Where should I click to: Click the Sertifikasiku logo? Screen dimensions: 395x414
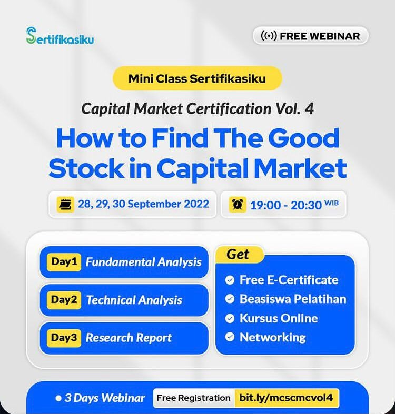click(x=60, y=36)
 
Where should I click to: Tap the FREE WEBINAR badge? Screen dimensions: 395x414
click(x=310, y=36)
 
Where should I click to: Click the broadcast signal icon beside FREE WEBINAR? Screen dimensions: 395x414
click(x=269, y=36)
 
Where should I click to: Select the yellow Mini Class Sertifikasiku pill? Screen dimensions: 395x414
click(x=197, y=78)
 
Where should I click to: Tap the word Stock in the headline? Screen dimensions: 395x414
click(x=86, y=168)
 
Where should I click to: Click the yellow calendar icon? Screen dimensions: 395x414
click(x=65, y=204)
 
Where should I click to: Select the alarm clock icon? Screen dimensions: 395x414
click(x=238, y=204)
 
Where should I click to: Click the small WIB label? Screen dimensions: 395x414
click(x=331, y=203)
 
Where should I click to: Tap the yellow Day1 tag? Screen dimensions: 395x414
click(x=64, y=262)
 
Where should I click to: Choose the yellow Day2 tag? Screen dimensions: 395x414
click(x=64, y=300)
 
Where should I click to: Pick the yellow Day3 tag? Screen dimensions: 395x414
click(x=64, y=338)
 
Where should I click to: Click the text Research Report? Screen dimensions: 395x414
click(x=129, y=338)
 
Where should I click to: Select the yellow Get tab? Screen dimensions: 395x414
click(x=238, y=254)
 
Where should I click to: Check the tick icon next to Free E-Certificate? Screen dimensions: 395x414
click(x=230, y=280)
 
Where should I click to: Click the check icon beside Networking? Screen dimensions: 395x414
click(x=230, y=337)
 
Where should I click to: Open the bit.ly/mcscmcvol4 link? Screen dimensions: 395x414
click(x=287, y=398)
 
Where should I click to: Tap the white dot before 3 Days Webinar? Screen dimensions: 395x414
click(x=58, y=398)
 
